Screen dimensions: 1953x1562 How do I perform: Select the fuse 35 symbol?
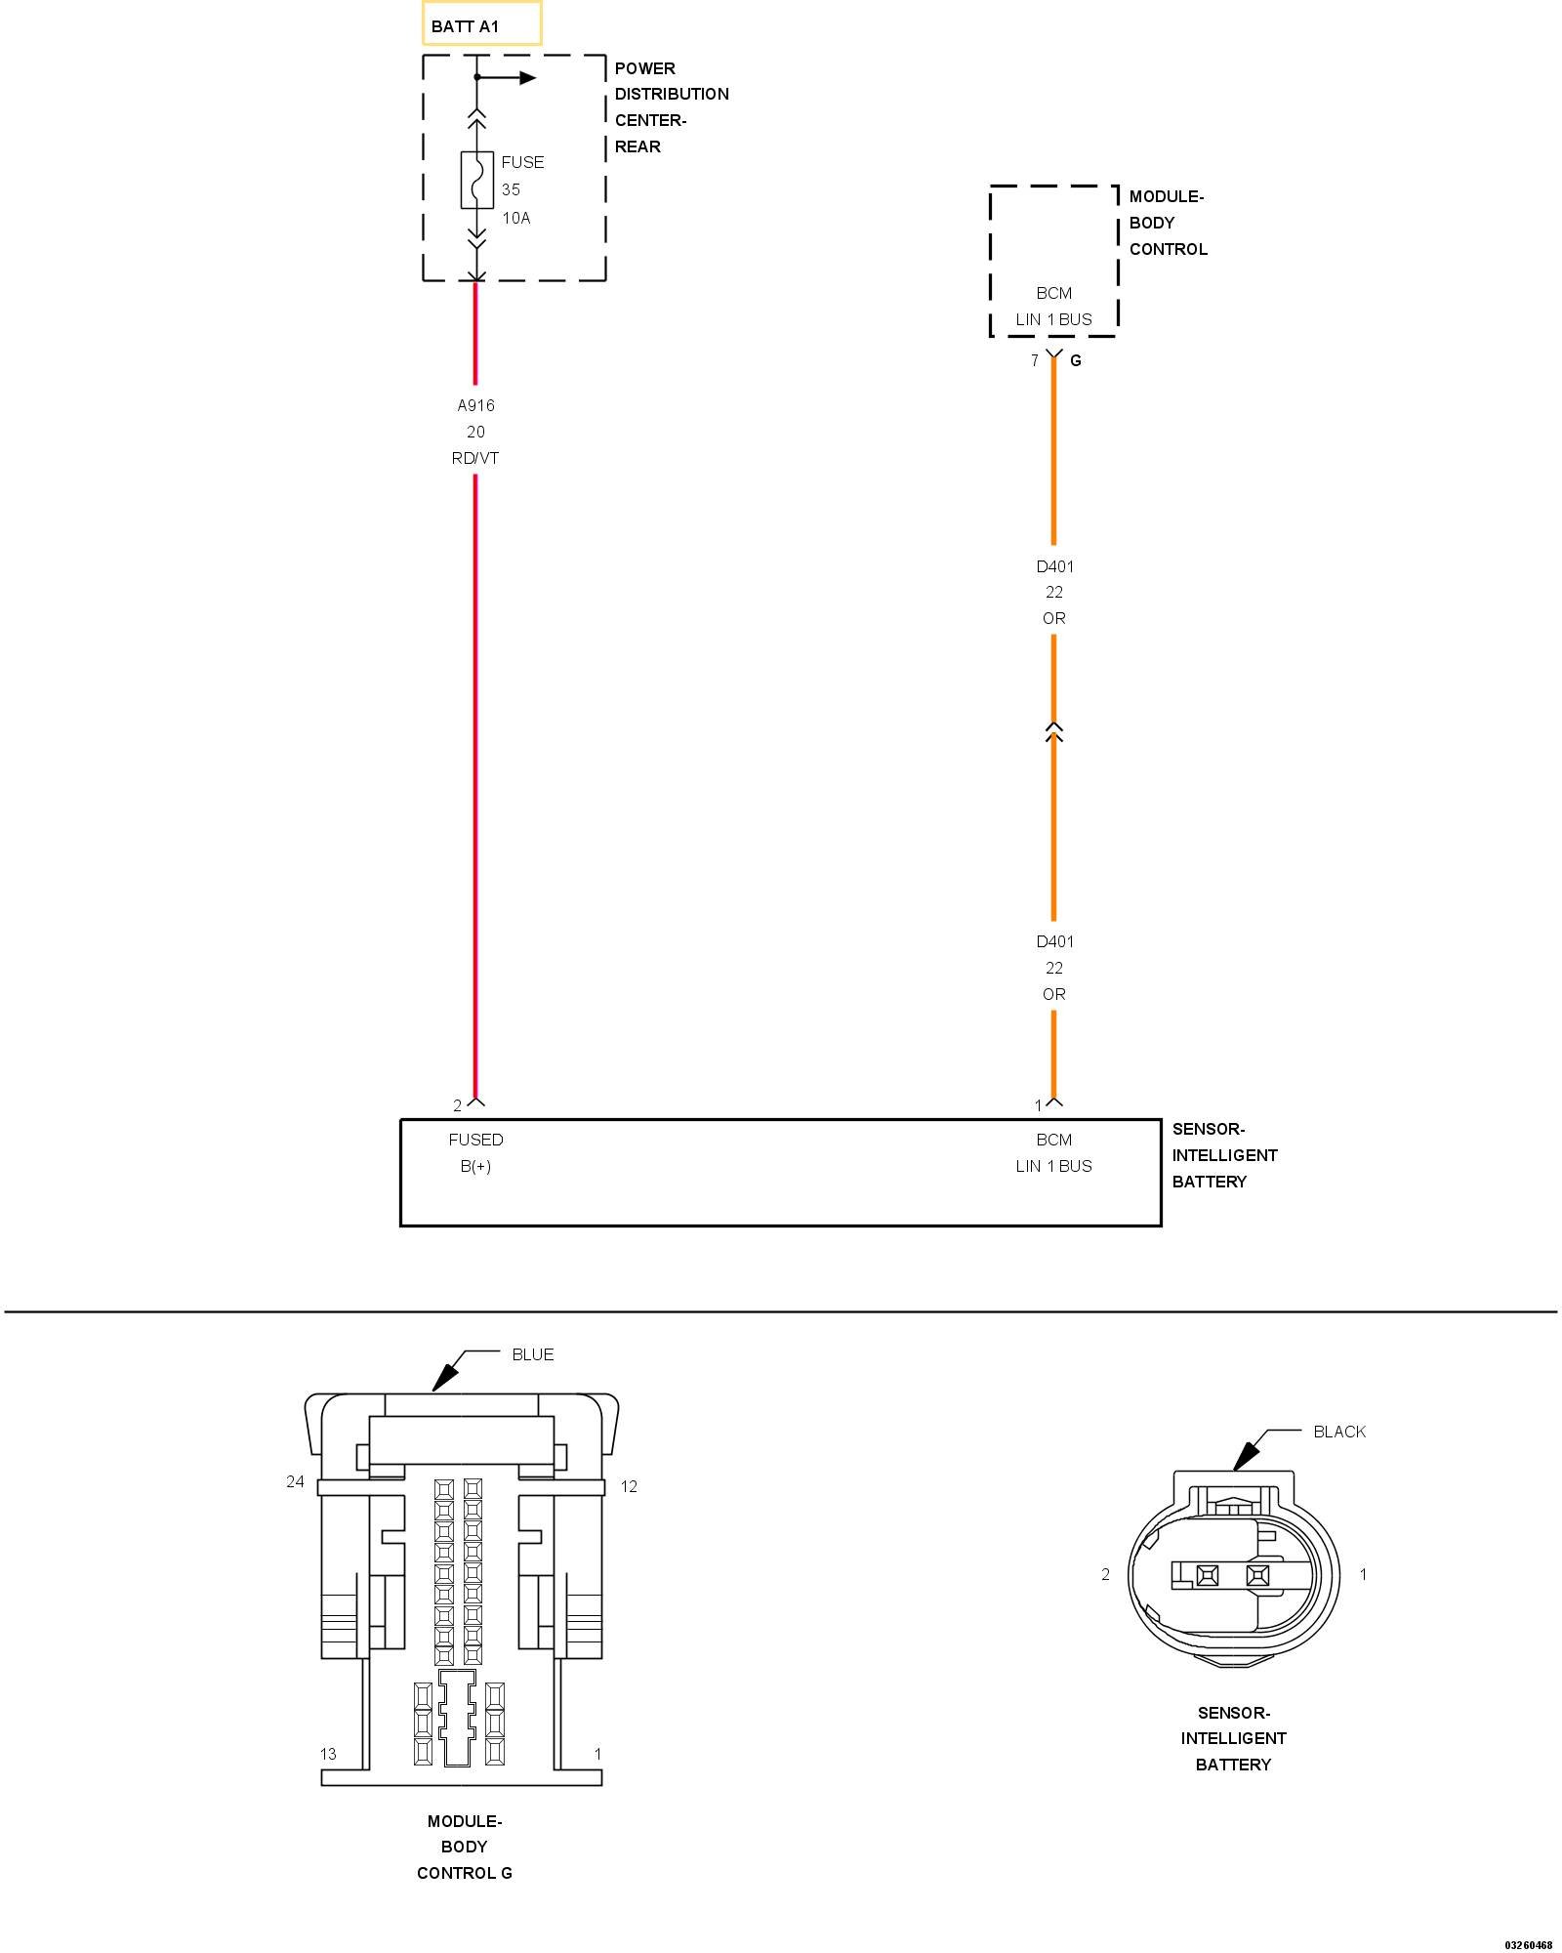[476, 180]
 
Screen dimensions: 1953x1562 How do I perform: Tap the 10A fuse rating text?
[516, 218]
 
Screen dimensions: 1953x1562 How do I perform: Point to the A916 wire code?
[476, 405]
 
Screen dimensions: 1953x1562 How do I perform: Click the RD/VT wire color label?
[475, 458]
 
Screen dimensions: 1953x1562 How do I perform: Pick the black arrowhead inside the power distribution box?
[528, 78]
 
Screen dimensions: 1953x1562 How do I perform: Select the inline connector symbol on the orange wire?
[1053, 731]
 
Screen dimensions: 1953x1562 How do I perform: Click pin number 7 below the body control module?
[1035, 361]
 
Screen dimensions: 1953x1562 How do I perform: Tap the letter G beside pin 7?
[1076, 361]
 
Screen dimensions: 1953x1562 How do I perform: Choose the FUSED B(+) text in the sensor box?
[475, 1152]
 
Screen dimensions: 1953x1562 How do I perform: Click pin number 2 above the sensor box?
[457, 1105]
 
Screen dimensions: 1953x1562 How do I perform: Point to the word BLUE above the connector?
[533, 1354]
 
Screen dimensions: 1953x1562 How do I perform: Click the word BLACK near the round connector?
[1339, 1432]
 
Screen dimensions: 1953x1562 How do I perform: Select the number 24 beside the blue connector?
[295, 1481]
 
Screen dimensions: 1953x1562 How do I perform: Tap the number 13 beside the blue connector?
[328, 1754]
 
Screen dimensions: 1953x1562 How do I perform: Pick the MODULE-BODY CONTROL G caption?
[465, 1847]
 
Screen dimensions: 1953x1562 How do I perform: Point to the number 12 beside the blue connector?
[629, 1486]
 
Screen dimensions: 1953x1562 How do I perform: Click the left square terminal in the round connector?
[1208, 1574]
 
